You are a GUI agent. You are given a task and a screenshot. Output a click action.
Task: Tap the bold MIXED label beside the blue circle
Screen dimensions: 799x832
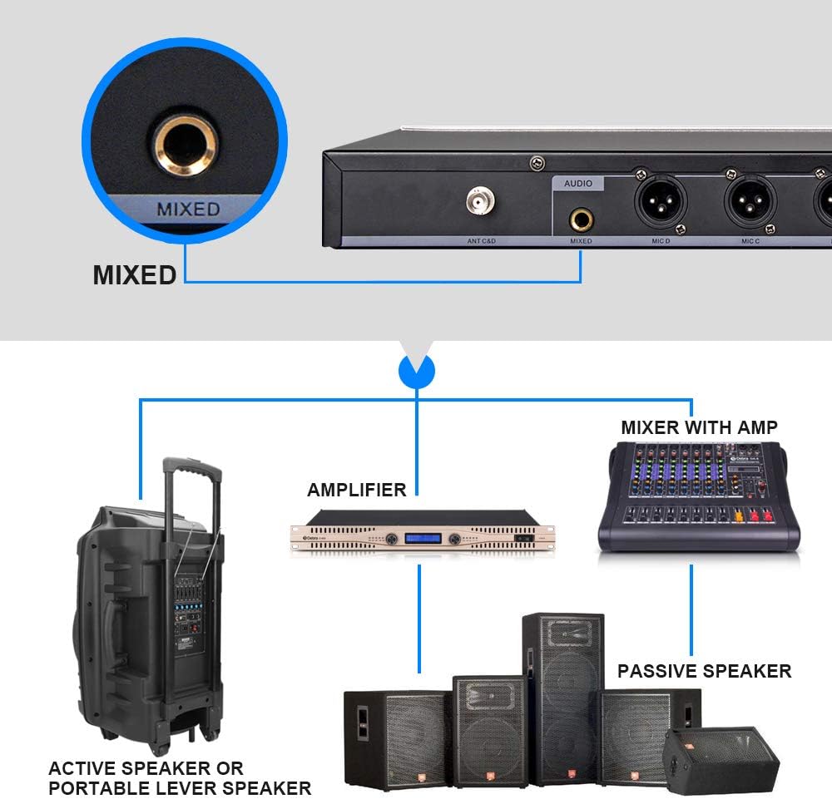pyautogui.click(x=134, y=275)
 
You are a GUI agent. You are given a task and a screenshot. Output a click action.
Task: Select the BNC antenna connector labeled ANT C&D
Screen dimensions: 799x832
pyautogui.click(x=481, y=202)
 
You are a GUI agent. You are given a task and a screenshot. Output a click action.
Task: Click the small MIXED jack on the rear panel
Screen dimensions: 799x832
pyautogui.click(x=581, y=220)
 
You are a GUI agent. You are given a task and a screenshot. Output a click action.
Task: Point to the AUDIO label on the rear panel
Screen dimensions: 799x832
pyautogui.click(x=579, y=184)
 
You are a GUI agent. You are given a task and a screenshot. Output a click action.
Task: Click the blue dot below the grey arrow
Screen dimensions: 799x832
pyautogui.click(x=417, y=370)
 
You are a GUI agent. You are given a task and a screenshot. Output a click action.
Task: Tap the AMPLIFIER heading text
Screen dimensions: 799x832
pyautogui.click(x=357, y=490)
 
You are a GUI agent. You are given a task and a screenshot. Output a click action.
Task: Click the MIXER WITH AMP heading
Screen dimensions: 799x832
pyautogui.click(x=699, y=428)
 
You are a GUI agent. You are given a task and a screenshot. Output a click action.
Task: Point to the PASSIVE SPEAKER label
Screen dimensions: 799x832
pyautogui.click(x=704, y=671)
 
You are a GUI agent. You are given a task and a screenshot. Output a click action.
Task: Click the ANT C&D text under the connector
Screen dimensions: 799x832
pyautogui.click(x=481, y=242)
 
